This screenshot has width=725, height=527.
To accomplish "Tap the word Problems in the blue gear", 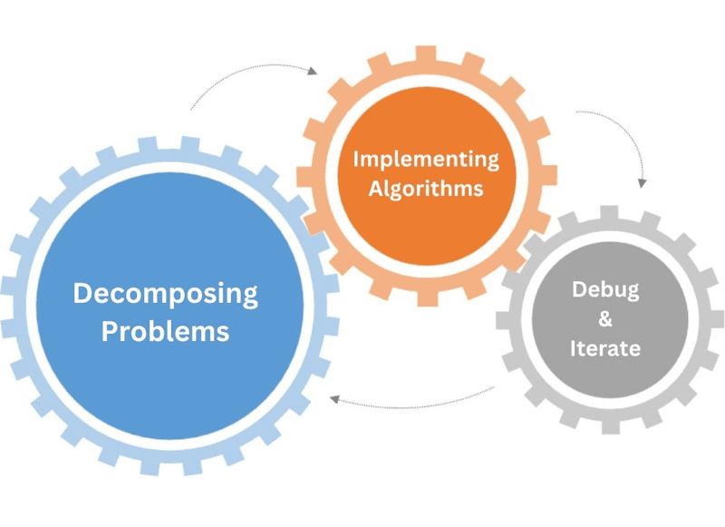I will [x=165, y=331].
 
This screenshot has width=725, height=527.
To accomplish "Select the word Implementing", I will [x=426, y=161].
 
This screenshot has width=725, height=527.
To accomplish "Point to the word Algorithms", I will [x=426, y=190].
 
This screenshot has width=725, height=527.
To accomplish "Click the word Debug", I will [x=605, y=290].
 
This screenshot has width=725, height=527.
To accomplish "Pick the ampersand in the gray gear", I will [x=605, y=319].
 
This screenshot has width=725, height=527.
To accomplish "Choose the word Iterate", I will [x=605, y=348].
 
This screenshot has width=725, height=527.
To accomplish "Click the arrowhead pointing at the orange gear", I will [x=314, y=70].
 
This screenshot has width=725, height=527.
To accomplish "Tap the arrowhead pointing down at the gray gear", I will [x=643, y=182].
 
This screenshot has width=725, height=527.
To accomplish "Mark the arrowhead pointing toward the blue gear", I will [x=333, y=398].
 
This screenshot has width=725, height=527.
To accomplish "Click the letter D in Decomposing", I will [x=82, y=295].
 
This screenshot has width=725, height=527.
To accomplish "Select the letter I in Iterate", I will [x=574, y=348].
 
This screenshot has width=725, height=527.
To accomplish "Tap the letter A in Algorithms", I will [x=375, y=190].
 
